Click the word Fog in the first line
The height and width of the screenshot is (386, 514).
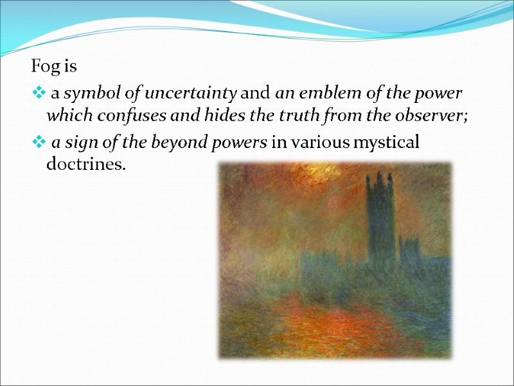tap(42, 66)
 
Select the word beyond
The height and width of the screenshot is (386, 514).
tap(154, 143)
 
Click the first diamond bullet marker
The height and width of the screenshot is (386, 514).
tap(38, 94)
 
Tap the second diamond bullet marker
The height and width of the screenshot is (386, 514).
tap(38, 143)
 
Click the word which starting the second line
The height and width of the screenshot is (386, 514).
tap(63, 116)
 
